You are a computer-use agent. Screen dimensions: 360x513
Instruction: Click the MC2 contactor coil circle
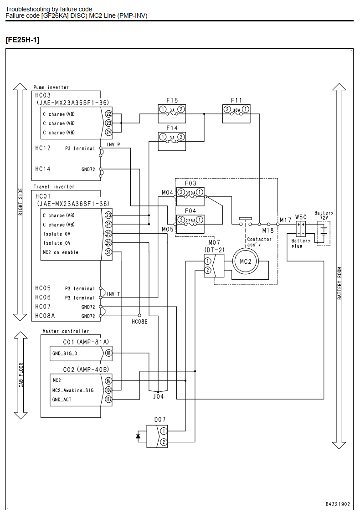click(246, 262)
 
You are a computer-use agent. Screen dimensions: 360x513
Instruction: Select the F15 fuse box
click(172, 114)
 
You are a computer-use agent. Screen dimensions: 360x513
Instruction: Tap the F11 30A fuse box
click(237, 114)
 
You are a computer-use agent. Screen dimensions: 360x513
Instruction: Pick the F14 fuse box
click(172, 141)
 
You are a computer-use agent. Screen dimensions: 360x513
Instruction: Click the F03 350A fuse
click(190, 197)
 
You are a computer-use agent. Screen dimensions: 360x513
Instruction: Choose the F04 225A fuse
click(190, 224)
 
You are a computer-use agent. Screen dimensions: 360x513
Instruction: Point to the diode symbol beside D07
click(138, 436)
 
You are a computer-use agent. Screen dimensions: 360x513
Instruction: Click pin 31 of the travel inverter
click(108, 252)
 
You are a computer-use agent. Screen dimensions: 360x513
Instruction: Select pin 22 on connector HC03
click(108, 114)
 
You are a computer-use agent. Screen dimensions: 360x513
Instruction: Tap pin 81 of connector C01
click(108, 353)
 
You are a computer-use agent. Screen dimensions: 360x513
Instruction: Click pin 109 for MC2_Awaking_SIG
click(108, 390)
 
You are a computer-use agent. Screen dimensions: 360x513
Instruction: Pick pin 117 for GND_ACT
click(108, 399)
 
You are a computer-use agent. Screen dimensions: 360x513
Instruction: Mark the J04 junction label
click(159, 396)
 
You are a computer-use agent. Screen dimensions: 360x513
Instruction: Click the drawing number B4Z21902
click(338, 504)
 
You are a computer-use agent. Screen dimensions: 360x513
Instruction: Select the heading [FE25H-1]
click(22, 40)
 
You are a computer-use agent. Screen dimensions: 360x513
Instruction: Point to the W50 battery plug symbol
click(301, 229)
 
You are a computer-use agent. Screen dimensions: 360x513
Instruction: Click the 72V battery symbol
click(324, 233)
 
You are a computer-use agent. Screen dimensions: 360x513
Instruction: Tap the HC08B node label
click(140, 322)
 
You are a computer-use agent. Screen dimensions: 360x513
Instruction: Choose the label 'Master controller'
click(66, 331)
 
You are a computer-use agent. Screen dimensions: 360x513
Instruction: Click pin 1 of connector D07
click(163, 431)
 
